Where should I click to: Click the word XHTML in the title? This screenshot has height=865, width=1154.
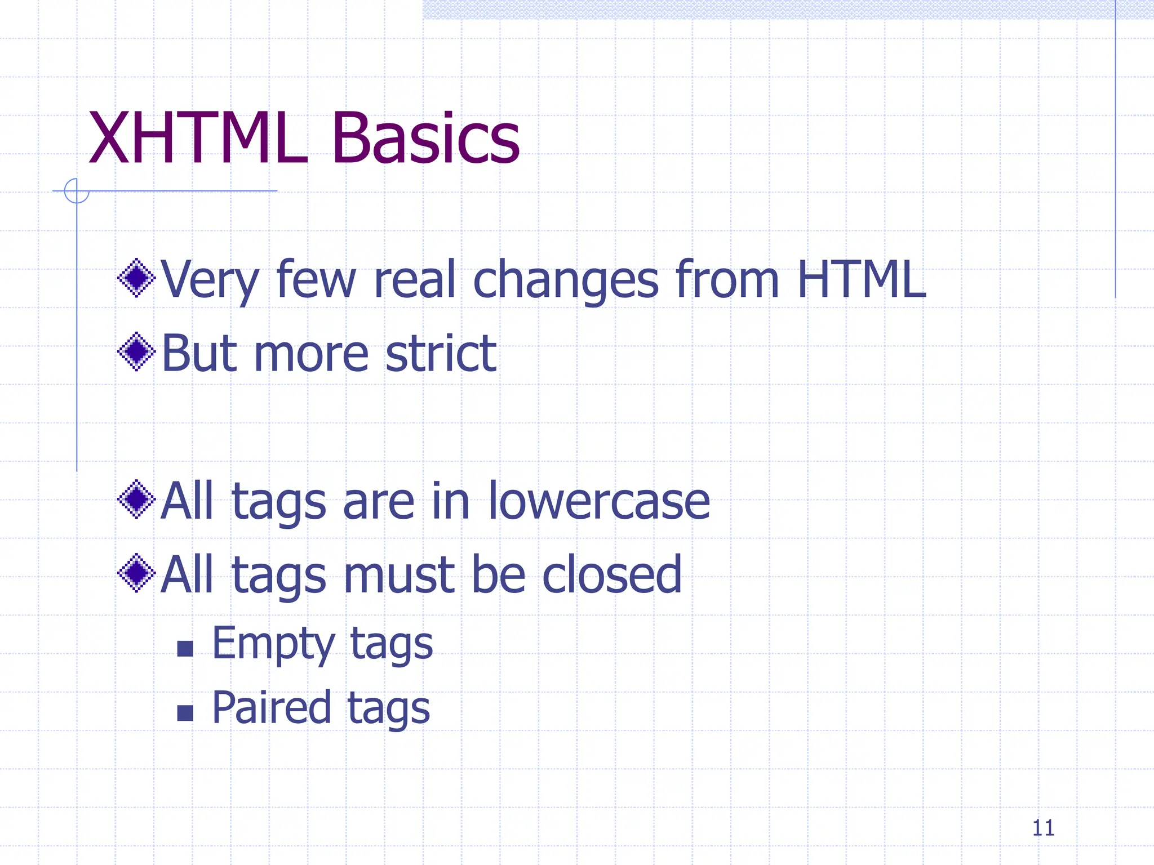[197, 139]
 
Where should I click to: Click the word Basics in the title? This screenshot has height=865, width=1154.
[426, 139]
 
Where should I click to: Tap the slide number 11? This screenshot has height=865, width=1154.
[1043, 828]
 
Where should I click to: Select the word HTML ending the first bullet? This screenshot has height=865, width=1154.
[862, 279]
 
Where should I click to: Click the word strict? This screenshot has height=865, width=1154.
[441, 354]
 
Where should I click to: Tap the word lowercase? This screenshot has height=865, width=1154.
[598, 501]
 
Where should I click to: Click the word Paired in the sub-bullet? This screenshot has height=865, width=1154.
[271, 708]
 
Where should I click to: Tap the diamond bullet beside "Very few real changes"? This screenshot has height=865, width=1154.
[136, 278]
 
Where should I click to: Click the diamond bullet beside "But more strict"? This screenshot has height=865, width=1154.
[136, 352]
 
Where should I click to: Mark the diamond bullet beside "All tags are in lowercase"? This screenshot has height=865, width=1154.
[136, 500]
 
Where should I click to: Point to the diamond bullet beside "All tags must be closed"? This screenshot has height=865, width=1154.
[136, 573]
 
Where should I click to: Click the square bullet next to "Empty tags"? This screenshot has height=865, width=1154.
[185, 649]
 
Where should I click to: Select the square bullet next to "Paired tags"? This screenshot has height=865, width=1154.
[185, 713]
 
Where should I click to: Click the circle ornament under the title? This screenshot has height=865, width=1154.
[77, 191]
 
